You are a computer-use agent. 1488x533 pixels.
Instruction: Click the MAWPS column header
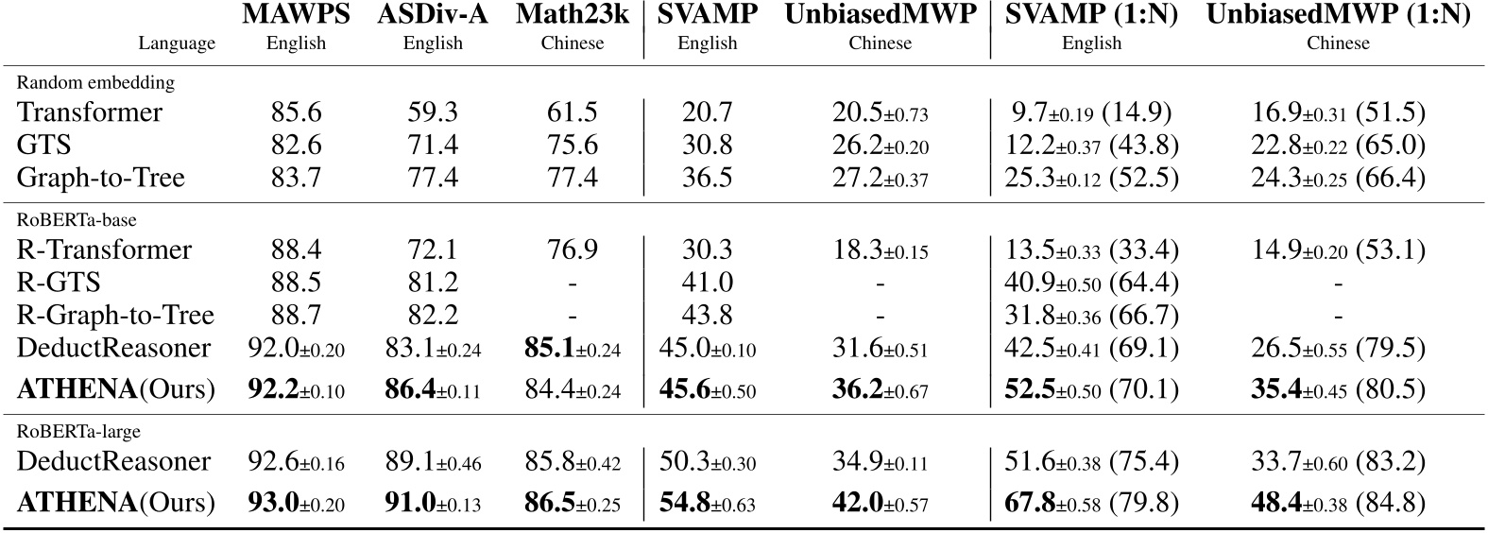pyautogui.click(x=296, y=16)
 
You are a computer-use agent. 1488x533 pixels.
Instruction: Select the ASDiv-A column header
pyautogui.click(x=432, y=16)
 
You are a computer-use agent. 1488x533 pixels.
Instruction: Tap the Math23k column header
pyautogui.click(x=572, y=16)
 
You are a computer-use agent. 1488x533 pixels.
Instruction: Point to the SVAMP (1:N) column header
pyautogui.click(x=1091, y=16)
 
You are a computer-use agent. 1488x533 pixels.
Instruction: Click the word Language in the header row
pyautogui.click(x=177, y=43)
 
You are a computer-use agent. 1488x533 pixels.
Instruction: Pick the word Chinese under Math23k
pyautogui.click(x=572, y=43)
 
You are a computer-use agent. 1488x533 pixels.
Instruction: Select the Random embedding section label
pyautogui.click(x=95, y=82)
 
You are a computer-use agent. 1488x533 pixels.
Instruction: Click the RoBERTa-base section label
pyautogui.click(x=77, y=219)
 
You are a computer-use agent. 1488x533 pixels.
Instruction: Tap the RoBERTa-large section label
pyautogui.click(x=78, y=431)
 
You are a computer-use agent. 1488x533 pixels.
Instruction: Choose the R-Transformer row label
pyautogui.click(x=104, y=249)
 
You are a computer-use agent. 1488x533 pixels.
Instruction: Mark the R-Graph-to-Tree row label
pyautogui.click(x=115, y=315)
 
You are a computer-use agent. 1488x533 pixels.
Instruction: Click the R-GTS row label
pyautogui.click(x=59, y=283)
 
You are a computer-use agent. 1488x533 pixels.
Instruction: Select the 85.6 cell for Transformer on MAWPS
pyautogui.click(x=296, y=112)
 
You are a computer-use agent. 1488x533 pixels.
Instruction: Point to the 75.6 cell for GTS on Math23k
pyautogui.click(x=572, y=146)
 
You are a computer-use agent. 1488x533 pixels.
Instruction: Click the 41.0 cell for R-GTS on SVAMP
pyautogui.click(x=707, y=283)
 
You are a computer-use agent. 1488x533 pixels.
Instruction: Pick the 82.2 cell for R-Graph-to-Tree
pyautogui.click(x=432, y=315)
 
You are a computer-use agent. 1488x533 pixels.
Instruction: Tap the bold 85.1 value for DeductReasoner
pyautogui.click(x=547, y=348)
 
